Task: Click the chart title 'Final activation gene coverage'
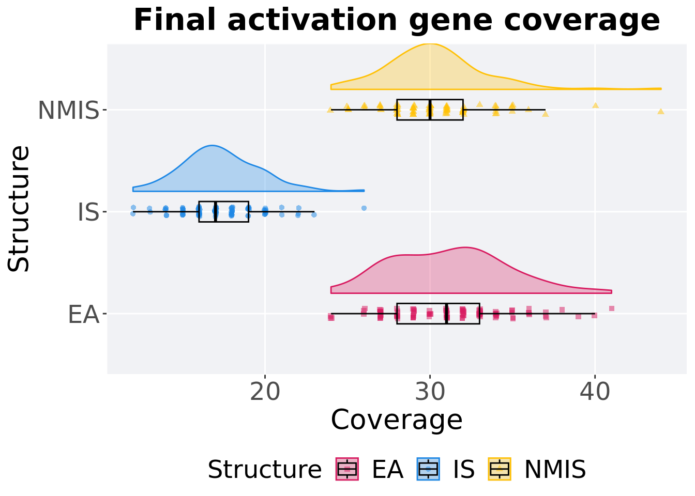pos(397,21)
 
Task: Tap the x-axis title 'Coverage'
pos(396,420)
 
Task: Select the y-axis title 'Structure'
pos(19,208)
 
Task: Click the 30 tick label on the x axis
pos(430,393)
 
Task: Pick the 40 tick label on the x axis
pos(595,393)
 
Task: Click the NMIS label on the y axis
pos(68,111)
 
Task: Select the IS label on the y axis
pos(88,212)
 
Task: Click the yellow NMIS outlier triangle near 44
pos(660,111)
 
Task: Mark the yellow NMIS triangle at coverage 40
pos(595,105)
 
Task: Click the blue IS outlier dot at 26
pos(364,208)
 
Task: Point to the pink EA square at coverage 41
pos(612,308)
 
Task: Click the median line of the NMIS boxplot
pos(430,110)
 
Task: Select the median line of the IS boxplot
pos(216,212)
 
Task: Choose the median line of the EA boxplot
pos(446,314)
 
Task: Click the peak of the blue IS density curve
pos(212,146)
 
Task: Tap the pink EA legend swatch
pos(347,469)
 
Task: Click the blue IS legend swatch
pos(429,469)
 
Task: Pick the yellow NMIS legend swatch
pos(500,469)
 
